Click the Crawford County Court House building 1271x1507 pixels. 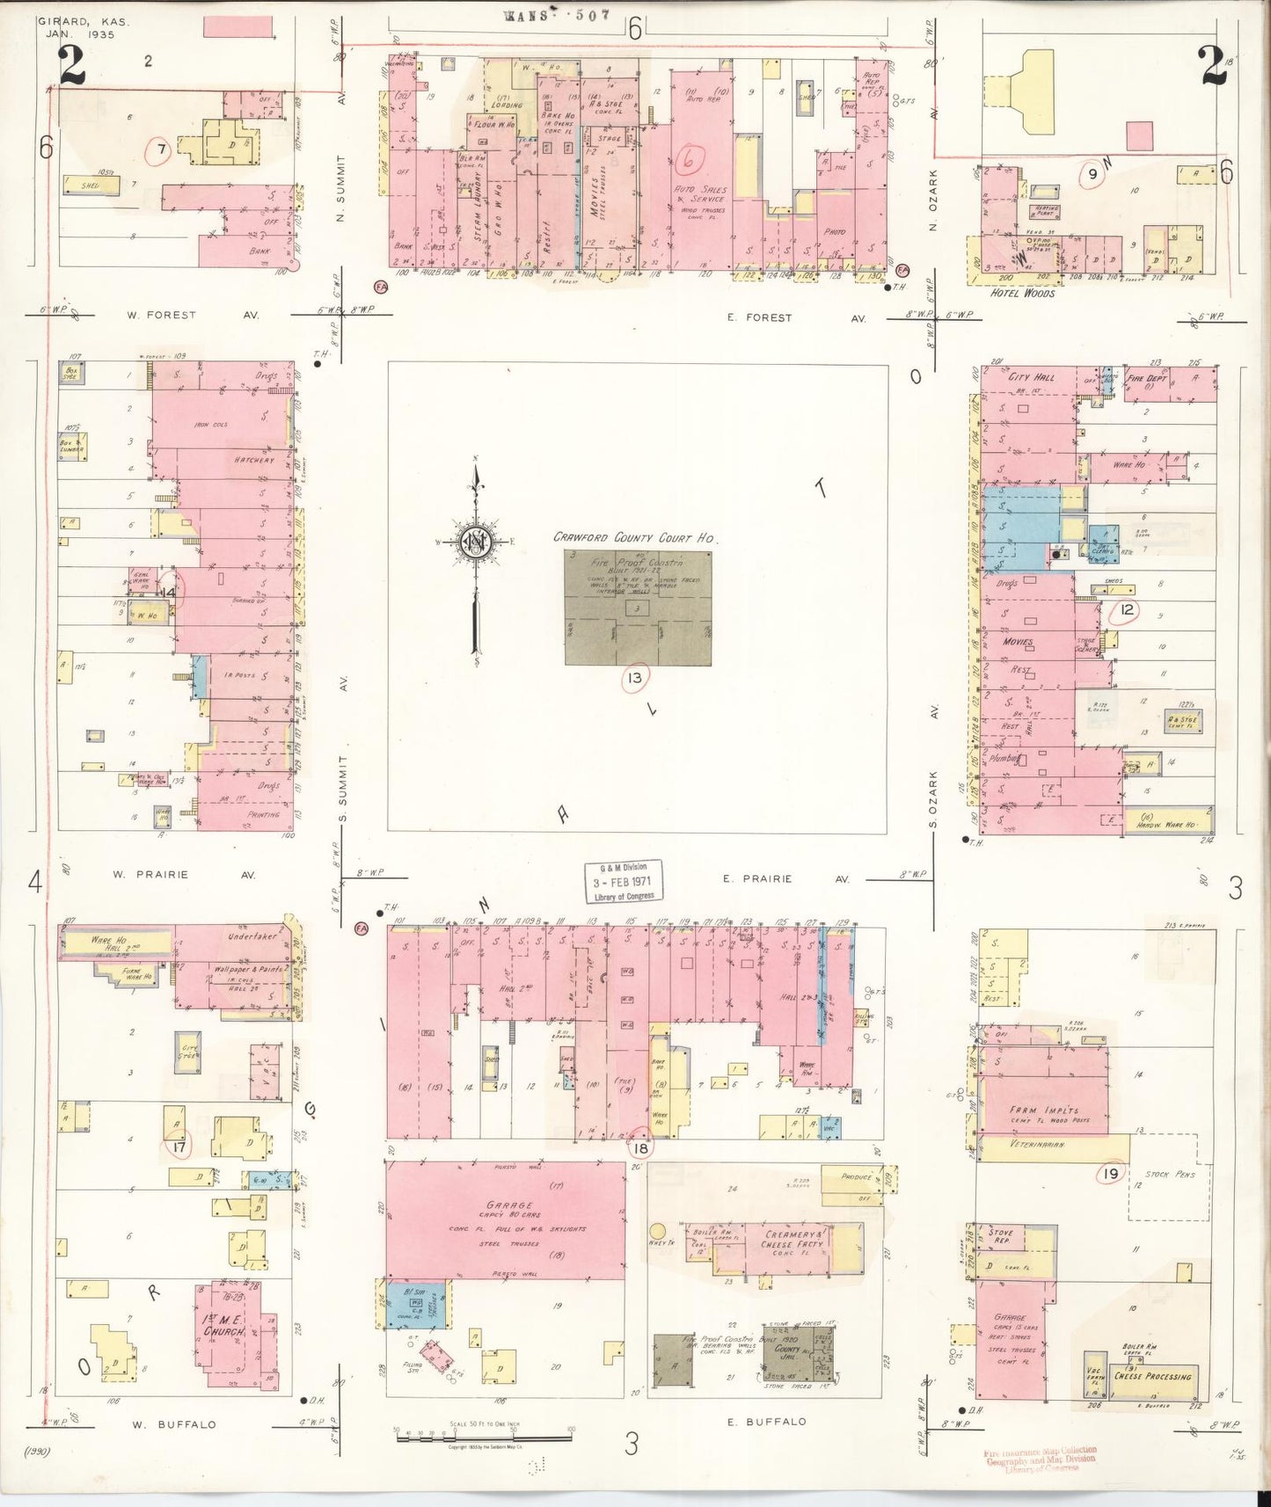[x=638, y=608]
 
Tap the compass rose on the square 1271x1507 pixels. [x=475, y=545]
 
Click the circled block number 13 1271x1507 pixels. [x=634, y=679]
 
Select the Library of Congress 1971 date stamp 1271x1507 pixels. [x=625, y=882]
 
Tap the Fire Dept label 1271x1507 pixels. [x=1147, y=379]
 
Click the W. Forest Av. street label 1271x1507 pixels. [x=167, y=314]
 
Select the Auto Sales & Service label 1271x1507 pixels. [x=700, y=194]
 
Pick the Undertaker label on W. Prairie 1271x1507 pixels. [x=252, y=937]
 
